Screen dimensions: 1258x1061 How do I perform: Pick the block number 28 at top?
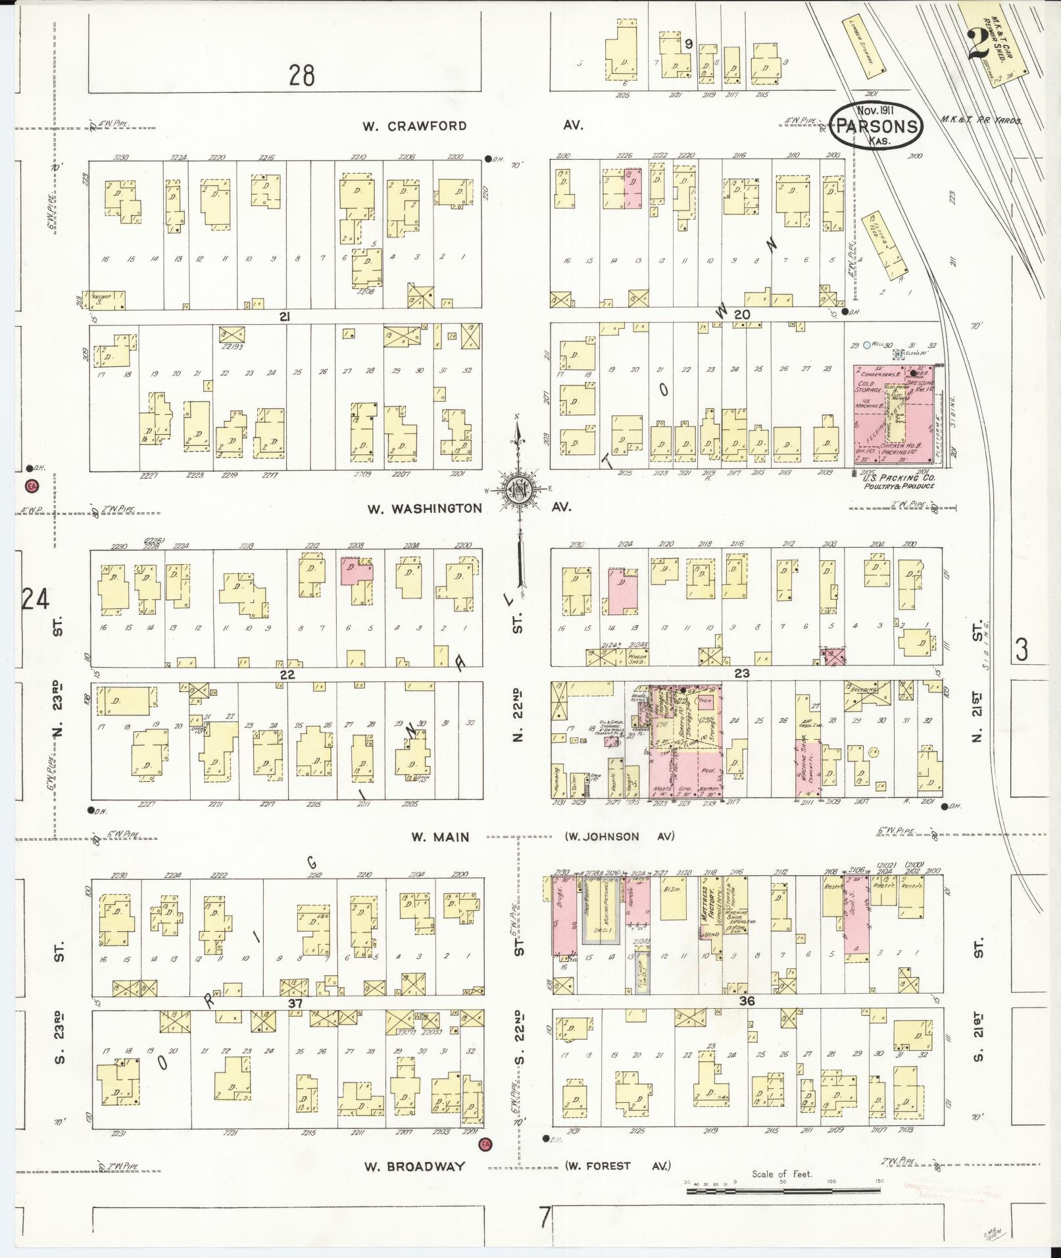301,76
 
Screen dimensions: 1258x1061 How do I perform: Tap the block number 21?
284,317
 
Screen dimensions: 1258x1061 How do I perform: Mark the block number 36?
747,1002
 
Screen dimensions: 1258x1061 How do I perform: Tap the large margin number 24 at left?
34,600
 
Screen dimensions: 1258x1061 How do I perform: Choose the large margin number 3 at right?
1021,650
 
